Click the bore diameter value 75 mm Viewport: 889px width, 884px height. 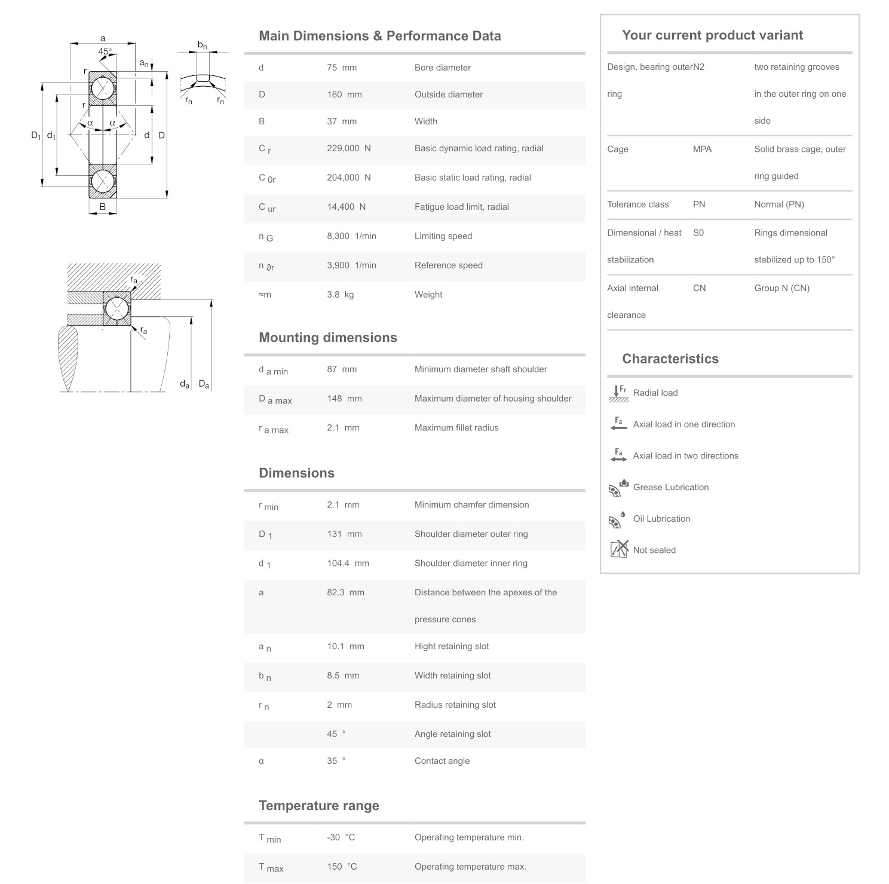tap(341, 68)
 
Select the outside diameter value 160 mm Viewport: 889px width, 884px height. tap(344, 94)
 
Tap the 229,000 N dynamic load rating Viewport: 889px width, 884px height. tap(348, 148)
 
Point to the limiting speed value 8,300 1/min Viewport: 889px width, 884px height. tap(351, 236)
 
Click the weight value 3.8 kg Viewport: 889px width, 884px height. tap(340, 295)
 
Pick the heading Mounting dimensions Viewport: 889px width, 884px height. tap(327, 338)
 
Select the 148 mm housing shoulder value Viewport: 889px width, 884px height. tap(344, 399)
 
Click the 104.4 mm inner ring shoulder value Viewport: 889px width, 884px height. tap(348, 563)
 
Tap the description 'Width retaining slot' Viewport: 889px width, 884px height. tap(452, 675)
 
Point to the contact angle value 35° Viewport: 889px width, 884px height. tap(336, 761)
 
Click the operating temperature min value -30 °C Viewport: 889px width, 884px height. tap(341, 837)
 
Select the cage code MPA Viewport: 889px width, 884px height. tap(702, 149)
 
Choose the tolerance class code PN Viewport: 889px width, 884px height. tap(699, 204)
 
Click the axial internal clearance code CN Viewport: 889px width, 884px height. tap(699, 288)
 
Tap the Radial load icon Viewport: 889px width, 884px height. tap(618, 393)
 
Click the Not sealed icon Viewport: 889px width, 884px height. tap(619, 549)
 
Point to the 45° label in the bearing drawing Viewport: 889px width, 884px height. tap(105, 51)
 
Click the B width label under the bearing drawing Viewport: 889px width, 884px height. tap(103, 207)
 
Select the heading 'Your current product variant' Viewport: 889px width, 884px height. tap(712, 35)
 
